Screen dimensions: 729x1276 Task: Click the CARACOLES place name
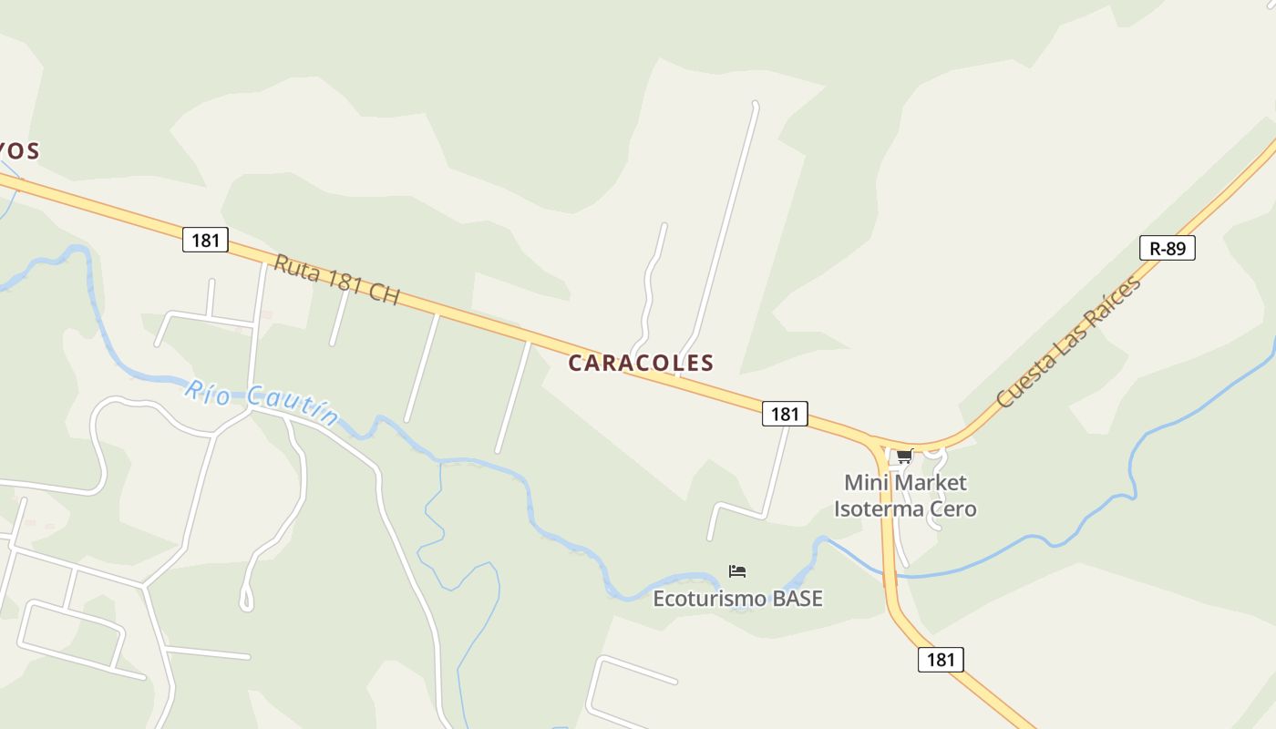pos(641,363)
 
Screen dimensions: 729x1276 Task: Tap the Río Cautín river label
pos(261,403)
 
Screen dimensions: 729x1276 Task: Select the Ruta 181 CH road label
pos(337,280)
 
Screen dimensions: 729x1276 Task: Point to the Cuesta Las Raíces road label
pos(1068,342)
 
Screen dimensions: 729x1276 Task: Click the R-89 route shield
pos(1167,248)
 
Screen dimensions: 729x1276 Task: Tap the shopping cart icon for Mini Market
pos(904,457)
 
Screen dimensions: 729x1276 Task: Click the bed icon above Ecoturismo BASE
pos(737,571)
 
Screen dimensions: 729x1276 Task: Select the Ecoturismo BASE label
pos(737,599)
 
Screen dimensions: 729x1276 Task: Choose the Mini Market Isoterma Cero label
pos(904,496)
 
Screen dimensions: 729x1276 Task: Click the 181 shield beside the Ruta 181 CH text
pos(205,241)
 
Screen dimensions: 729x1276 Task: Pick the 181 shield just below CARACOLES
pos(785,414)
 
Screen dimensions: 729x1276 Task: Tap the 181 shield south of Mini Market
pos(940,660)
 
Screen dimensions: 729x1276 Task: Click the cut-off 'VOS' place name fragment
pos(18,150)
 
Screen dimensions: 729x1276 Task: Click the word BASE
pos(797,599)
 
